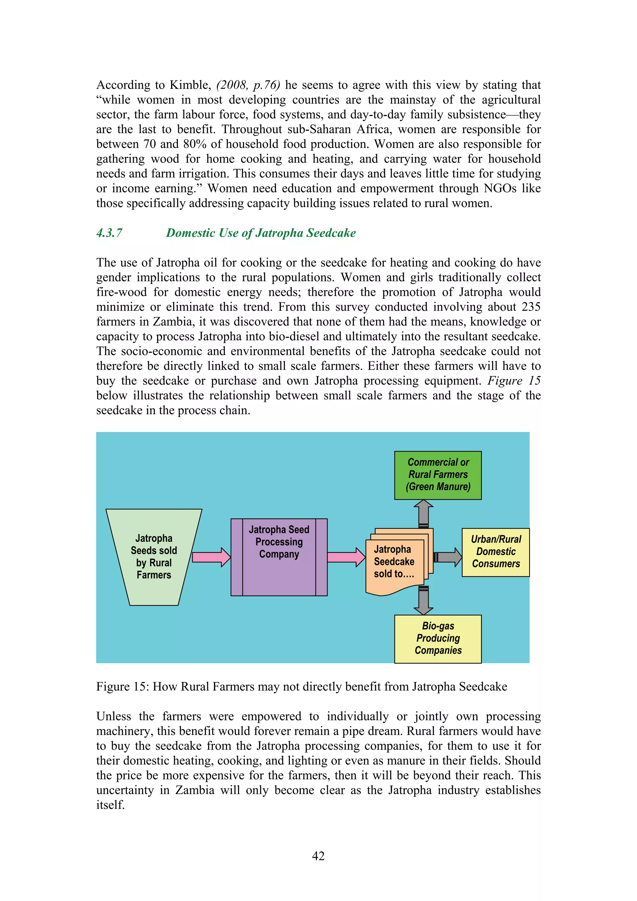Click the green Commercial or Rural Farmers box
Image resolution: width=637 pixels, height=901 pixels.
(438, 475)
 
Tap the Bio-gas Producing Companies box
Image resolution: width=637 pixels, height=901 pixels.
(438, 639)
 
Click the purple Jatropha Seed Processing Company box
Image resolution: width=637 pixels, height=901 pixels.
(279, 557)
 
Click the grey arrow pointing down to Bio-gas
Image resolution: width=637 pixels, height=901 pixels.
(424, 600)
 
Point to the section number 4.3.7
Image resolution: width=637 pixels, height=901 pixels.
(109, 233)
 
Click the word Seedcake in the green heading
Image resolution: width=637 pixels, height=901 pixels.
(331, 233)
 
